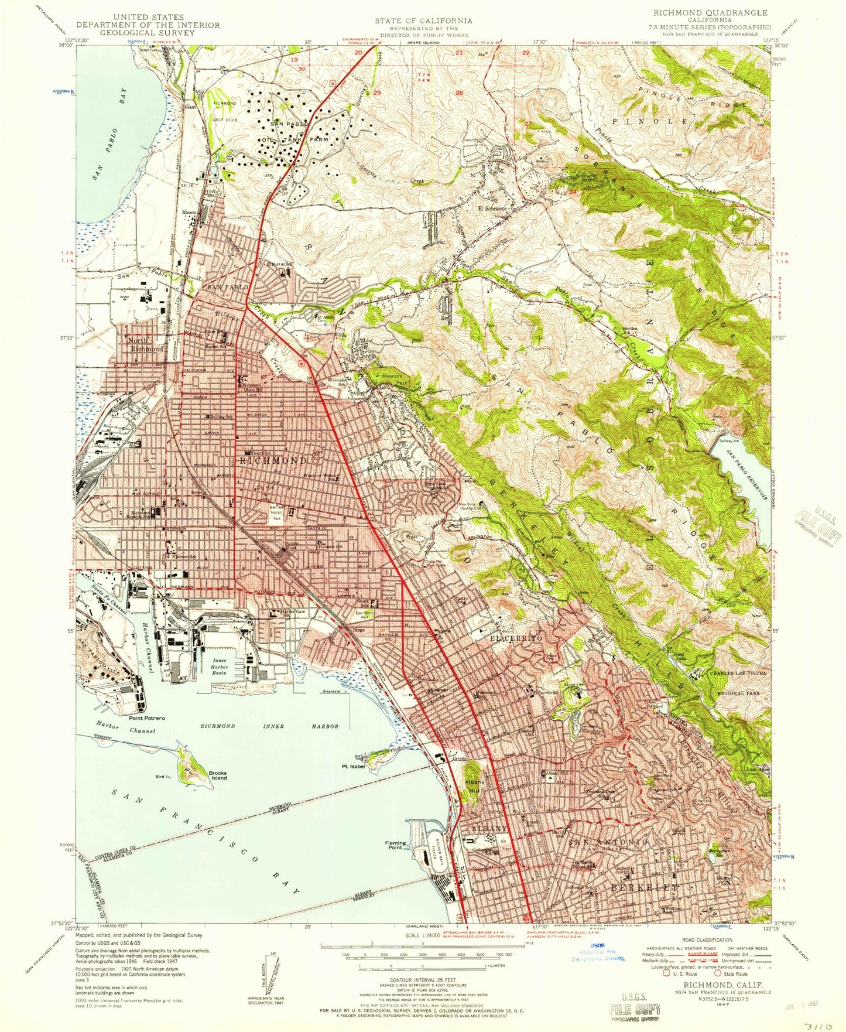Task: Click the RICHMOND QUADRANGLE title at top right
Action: tap(710, 12)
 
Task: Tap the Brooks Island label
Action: tap(217, 775)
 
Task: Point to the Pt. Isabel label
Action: tap(354, 766)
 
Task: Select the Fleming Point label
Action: tap(395, 845)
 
